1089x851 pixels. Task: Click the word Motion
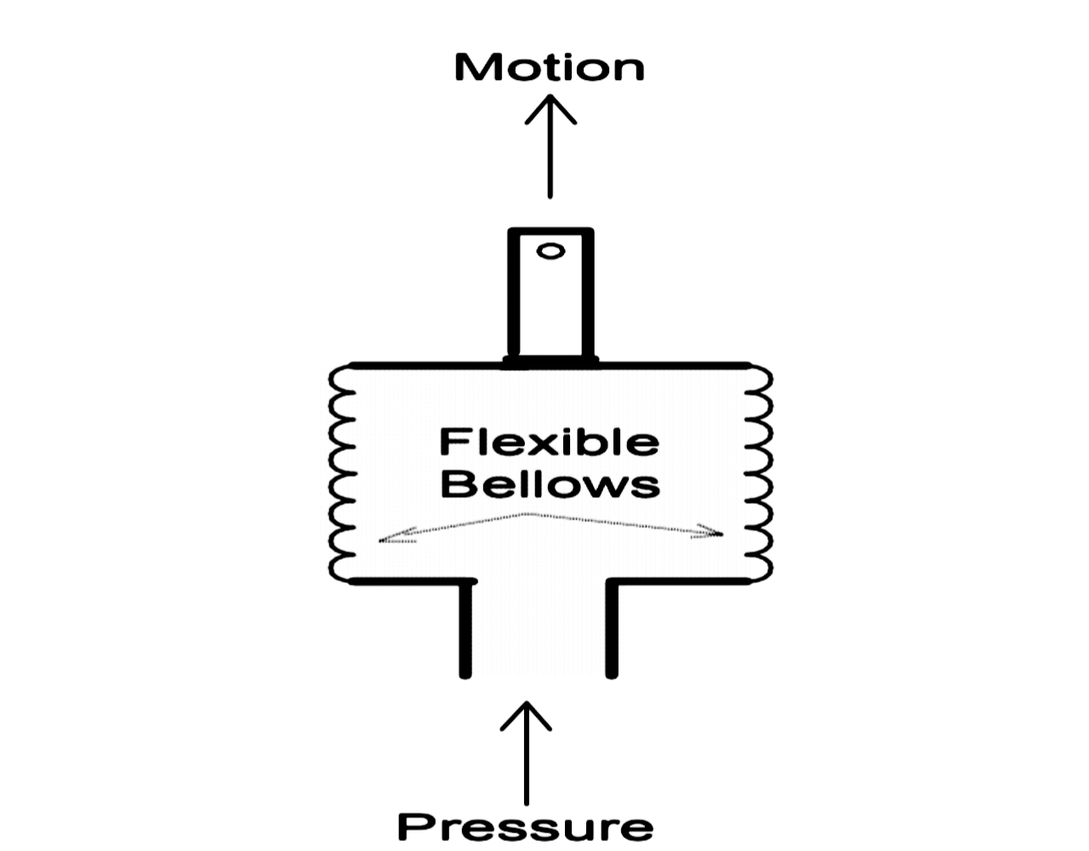(550, 67)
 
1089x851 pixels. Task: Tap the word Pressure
(526, 826)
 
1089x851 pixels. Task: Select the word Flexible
(549, 442)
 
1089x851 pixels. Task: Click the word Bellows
(550, 484)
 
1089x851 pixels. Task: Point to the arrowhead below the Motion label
(550, 106)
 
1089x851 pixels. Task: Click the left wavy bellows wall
(340, 473)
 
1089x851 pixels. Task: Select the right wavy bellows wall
(760, 473)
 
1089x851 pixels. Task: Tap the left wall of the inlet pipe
(465, 630)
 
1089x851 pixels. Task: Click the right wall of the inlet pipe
(611, 630)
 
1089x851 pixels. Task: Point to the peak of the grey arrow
(529, 513)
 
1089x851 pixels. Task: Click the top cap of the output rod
(550, 231)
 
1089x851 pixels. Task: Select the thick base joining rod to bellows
(550, 361)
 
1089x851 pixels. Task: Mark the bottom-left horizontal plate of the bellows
(408, 582)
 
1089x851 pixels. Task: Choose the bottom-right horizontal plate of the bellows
(681, 582)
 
